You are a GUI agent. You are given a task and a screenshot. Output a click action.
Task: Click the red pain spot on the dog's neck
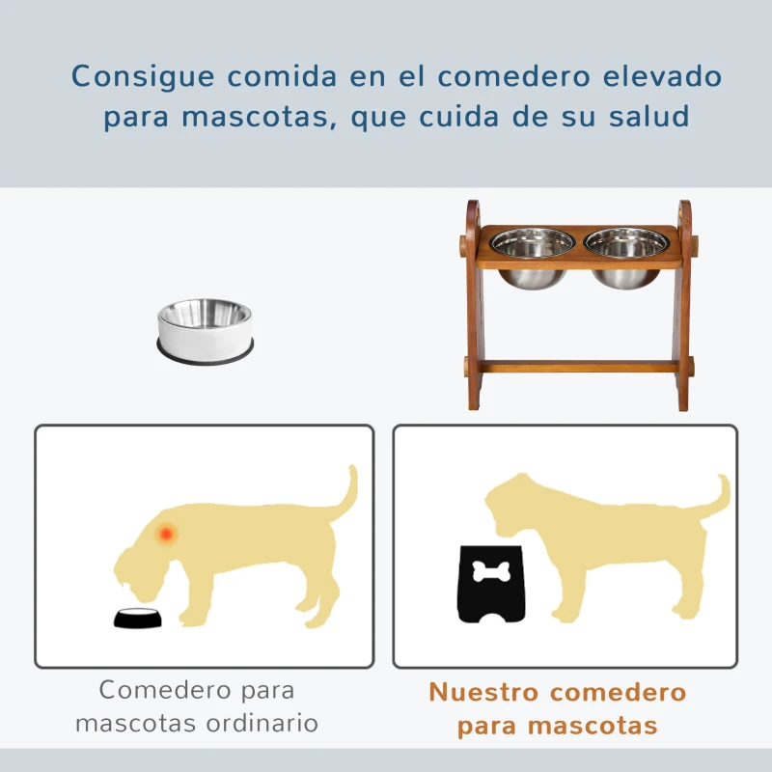[167, 532]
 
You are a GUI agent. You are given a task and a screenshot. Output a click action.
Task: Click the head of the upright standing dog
[511, 502]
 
